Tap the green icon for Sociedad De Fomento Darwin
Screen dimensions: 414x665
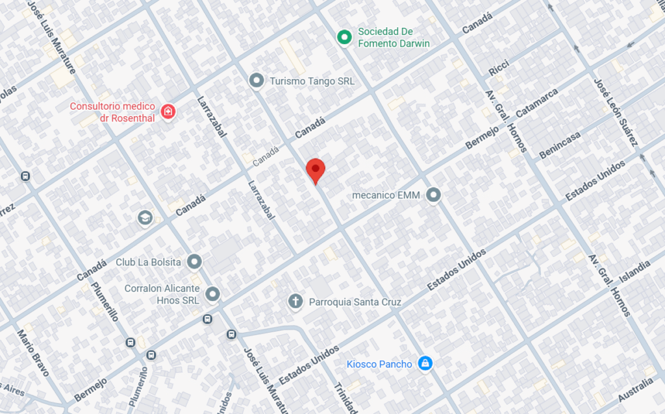pos(344,38)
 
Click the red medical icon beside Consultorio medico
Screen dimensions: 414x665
pos(168,112)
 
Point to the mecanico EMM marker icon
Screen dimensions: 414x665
pos(434,195)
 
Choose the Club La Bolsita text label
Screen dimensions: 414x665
pos(148,262)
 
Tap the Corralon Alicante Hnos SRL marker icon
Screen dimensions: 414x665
pos(212,295)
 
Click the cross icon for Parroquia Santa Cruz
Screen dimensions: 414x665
pos(295,301)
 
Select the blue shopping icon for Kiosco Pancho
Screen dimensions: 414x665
pos(425,363)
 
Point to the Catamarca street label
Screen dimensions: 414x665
pos(537,103)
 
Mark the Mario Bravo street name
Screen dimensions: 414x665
pos(33,353)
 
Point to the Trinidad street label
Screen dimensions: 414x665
pos(345,397)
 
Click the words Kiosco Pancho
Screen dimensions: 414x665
pos(379,364)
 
